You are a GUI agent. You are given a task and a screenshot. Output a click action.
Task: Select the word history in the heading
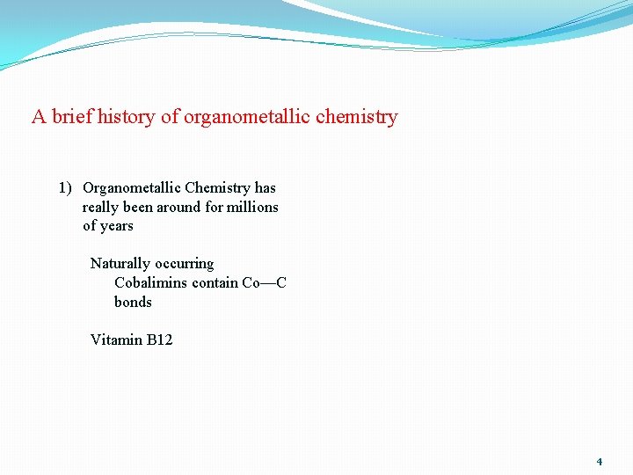[127, 116]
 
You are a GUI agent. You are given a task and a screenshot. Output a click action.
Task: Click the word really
[100, 207]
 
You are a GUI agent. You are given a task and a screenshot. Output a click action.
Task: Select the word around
[178, 207]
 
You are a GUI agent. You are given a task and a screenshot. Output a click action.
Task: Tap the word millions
[252, 207]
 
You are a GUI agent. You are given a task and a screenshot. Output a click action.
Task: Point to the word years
[117, 226]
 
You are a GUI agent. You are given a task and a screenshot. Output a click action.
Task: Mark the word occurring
[184, 264]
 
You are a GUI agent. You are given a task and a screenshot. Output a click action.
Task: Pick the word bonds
[133, 303]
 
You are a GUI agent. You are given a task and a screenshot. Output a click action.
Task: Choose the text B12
[159, 340]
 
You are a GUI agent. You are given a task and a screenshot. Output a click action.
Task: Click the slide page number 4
[600, 462]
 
